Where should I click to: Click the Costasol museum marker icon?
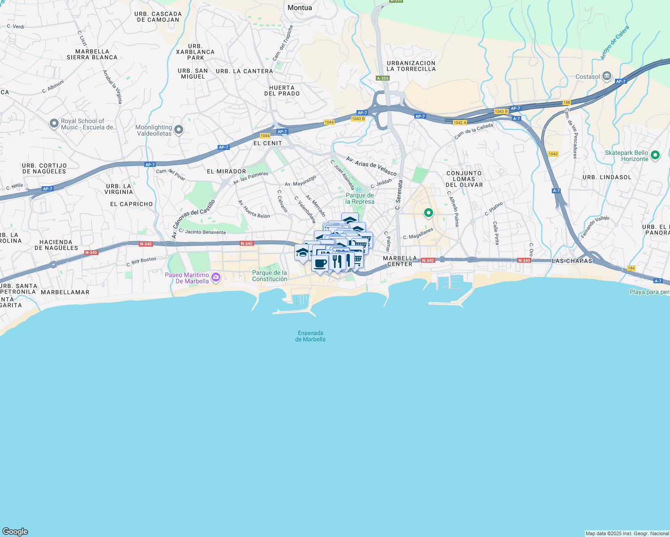click(x=607, y=76)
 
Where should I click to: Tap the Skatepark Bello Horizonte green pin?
click(x=655, y=155)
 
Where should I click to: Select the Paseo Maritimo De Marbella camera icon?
click(x=216, y=277)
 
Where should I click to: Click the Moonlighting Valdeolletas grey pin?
click(x=179, y=130)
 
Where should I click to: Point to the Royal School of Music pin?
click(x=54, y=123)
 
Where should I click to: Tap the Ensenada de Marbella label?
click(x=310, y=336)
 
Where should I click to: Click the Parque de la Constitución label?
click(x=270, y=276)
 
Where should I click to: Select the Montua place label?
click(x=300, y=8)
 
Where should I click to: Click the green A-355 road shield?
click(x=383, y=78)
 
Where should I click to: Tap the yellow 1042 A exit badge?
click(x=460, y=123)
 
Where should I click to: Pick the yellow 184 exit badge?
click(x=631, y=268)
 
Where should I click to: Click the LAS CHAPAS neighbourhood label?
click(x=572, y=261)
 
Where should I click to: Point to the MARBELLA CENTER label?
click(x=400, y=261)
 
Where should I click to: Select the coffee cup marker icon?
click(x=320, y=263)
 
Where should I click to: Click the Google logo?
click(x=15, y=532)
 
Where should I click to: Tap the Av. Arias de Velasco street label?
click(x=371, y=166)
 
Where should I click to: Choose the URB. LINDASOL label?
click(x=607, y=177)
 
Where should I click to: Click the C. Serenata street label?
click(x=399, y=195)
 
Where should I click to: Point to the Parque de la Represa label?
click(x=360, y=198)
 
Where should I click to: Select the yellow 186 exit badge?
click(x=567, y=102)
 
